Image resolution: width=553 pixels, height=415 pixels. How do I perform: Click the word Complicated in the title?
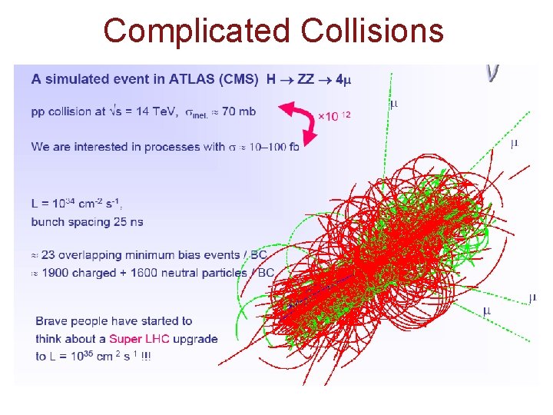click(197, 31)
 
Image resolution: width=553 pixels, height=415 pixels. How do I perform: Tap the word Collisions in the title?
click(373, 31)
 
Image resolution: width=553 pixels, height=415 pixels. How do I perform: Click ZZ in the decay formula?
click(306, 78)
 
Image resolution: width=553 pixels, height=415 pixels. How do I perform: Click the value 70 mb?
click(240, 111)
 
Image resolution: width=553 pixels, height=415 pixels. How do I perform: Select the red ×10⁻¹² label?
click(334, 116)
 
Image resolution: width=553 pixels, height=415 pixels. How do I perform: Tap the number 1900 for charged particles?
click(56, 272)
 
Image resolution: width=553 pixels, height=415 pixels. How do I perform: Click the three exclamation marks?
click(145, 357)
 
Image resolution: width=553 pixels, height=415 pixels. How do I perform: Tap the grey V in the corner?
click(492, 73)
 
